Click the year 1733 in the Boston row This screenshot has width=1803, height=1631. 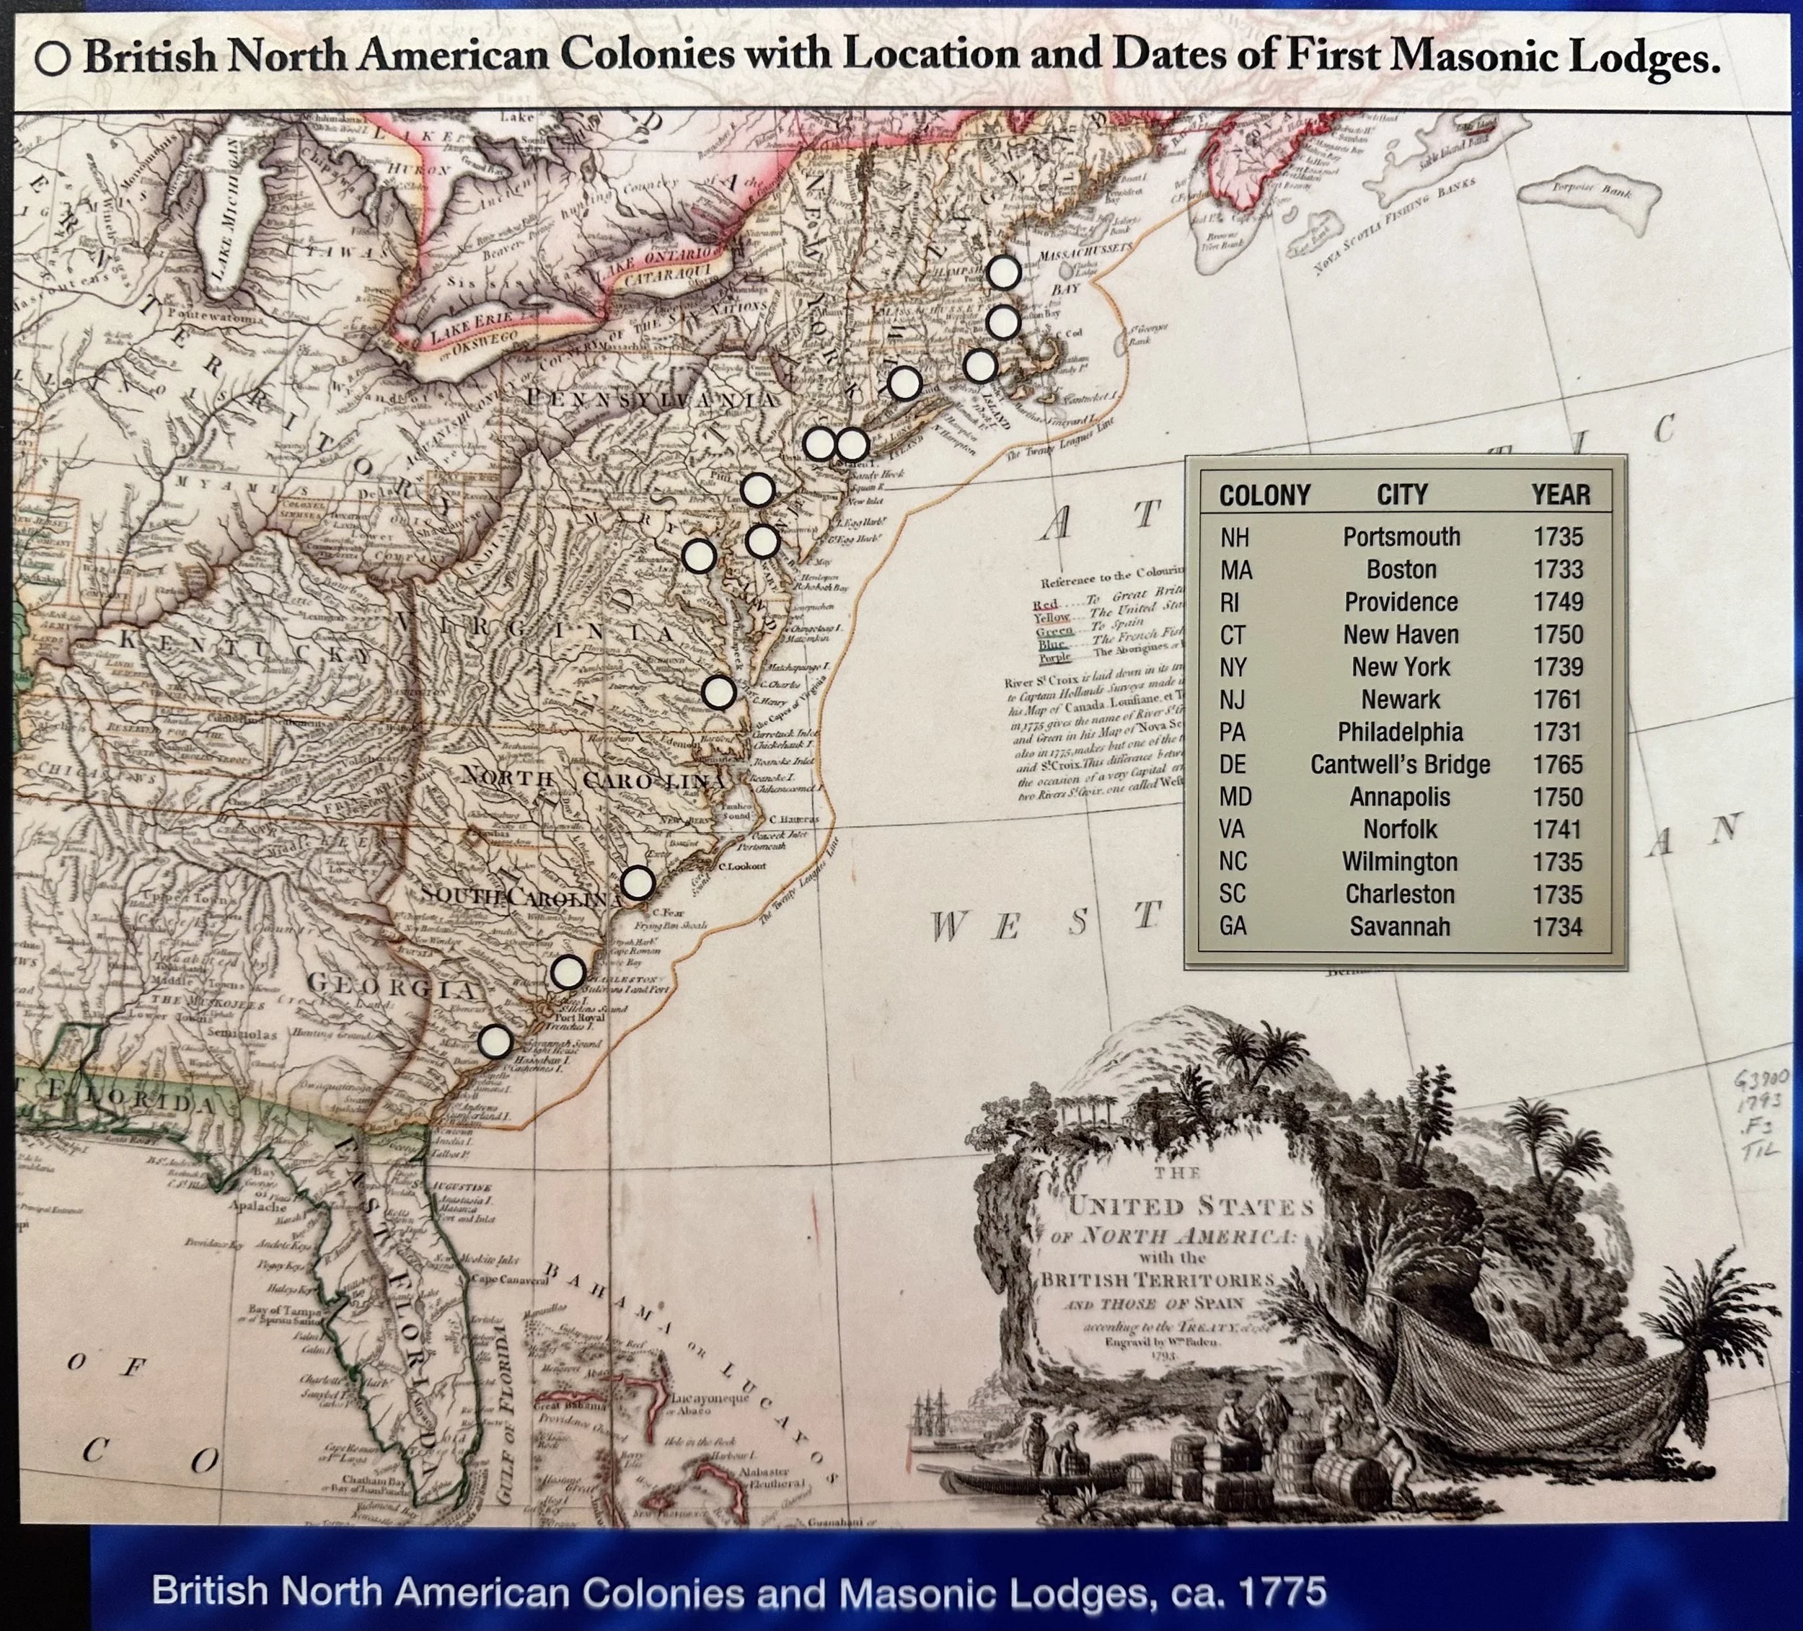[1558, 570]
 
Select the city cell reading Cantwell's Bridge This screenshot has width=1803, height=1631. [1400, 764]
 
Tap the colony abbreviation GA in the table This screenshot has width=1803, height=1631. [1233, 927]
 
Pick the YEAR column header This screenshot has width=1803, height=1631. [1561, 495]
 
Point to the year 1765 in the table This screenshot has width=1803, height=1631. [1558, 764]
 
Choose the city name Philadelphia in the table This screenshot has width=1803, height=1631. [1400, 733]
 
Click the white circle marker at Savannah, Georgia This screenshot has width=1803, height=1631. [495, 1042]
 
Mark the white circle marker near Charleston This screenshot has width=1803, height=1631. [568, 972]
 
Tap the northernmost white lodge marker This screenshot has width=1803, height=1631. [1003, 273]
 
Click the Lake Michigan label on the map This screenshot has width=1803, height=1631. [220, 219]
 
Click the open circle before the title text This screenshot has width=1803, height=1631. [53, 59]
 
